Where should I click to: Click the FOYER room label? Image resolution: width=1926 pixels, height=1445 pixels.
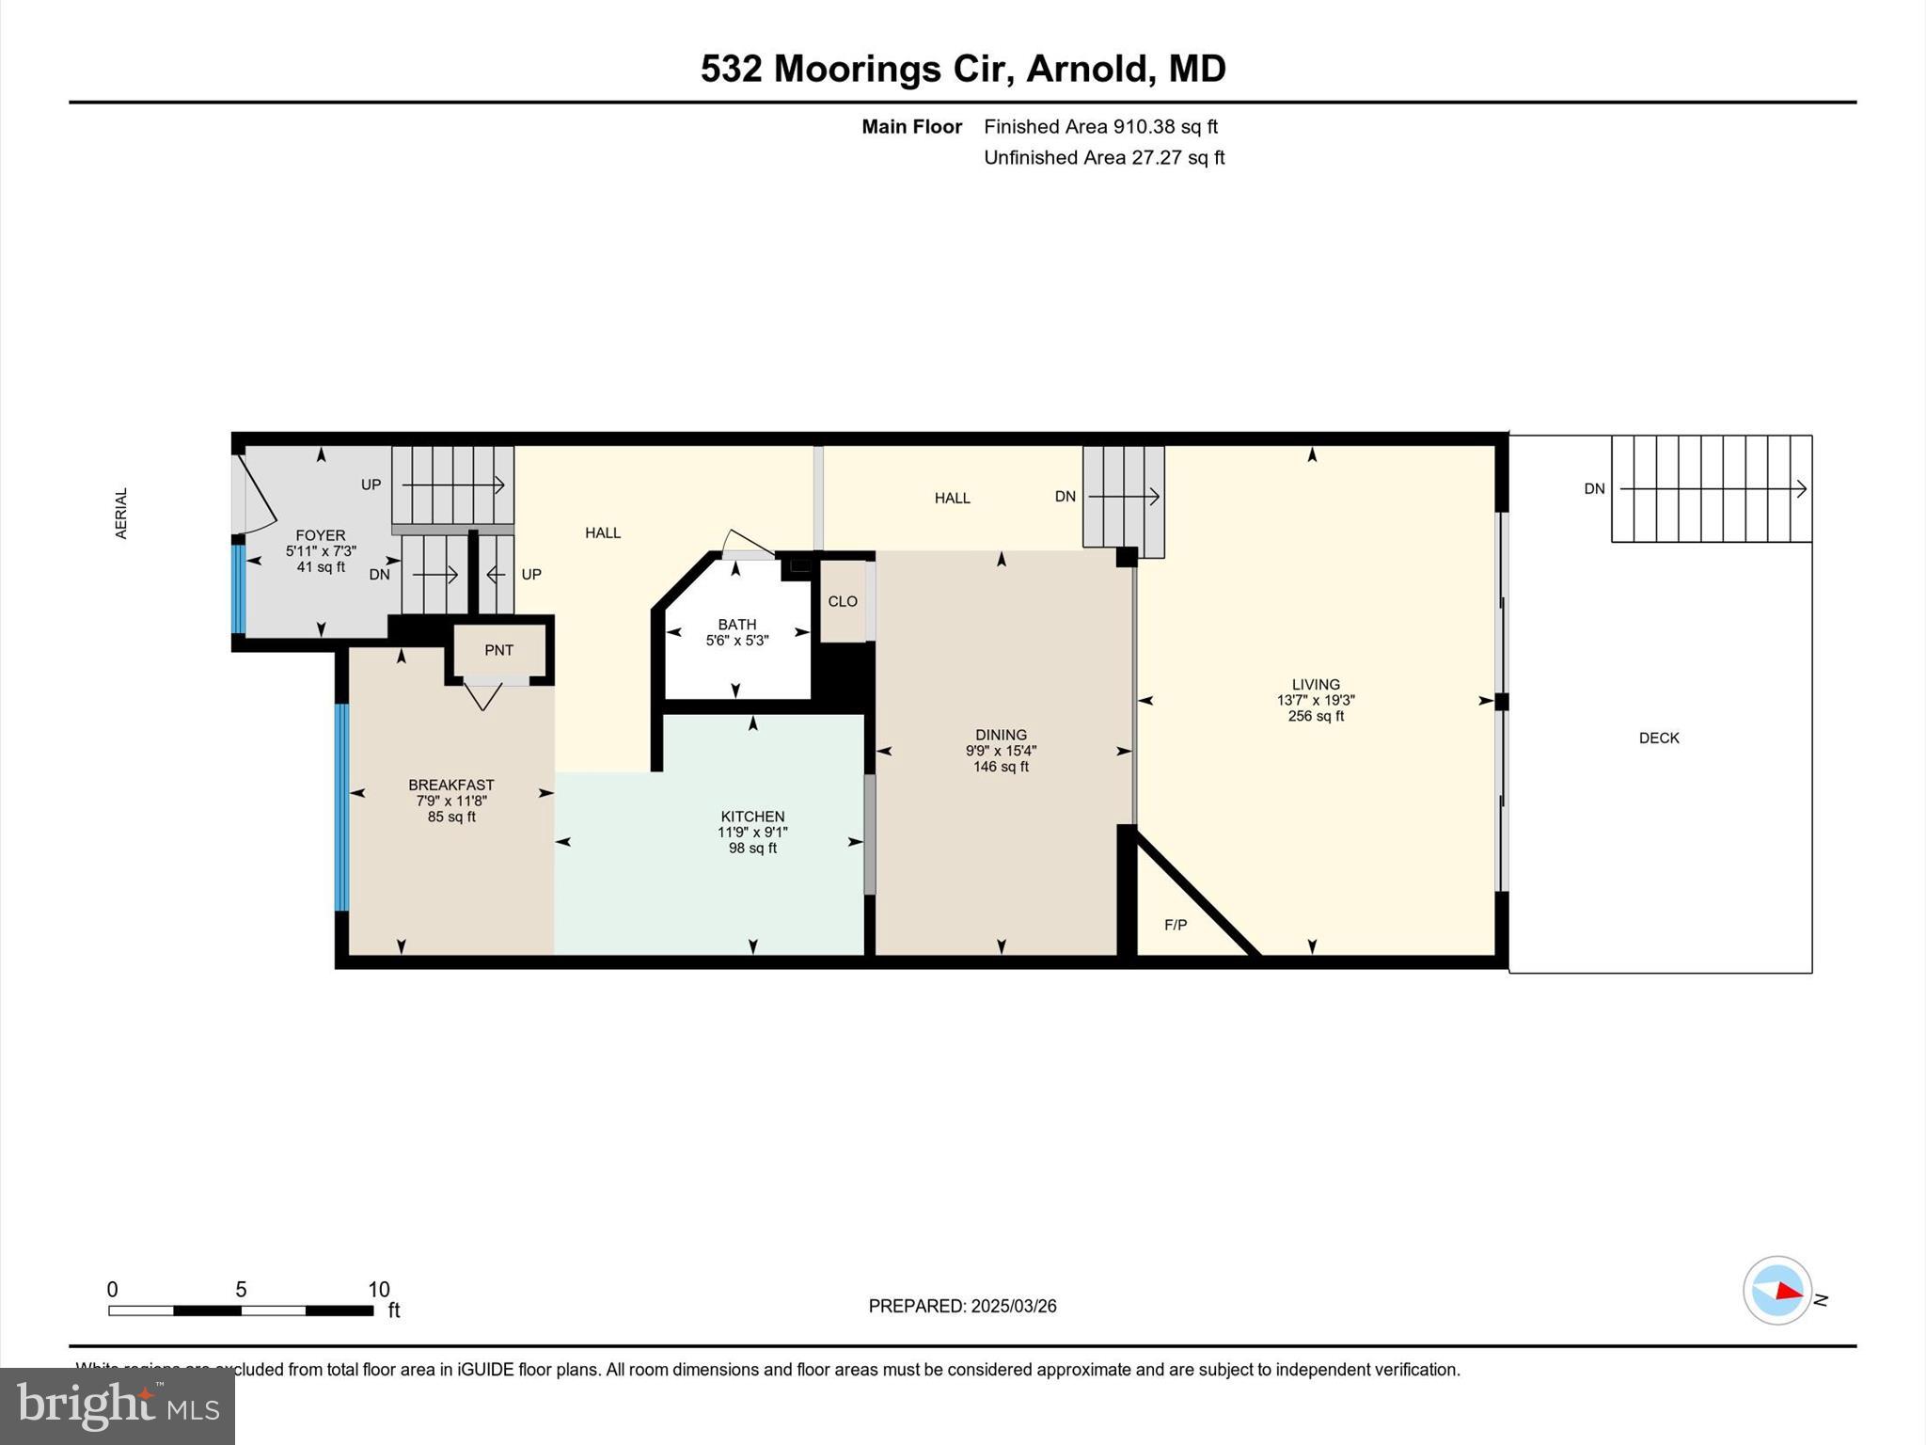point(320,535)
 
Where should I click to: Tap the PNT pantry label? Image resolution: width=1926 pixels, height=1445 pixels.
point(498,650)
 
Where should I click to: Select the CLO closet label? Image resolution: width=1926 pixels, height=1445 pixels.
point(842,601)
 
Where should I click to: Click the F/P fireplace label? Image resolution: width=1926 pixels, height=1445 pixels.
point(1175,925)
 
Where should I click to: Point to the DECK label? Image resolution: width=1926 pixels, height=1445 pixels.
point(1658,738)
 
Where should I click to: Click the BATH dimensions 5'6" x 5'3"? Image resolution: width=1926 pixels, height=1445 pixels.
point(736,641)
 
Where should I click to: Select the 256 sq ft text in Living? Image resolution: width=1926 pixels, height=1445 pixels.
point(1315,716)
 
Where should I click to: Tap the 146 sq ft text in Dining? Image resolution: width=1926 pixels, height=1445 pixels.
point(1001,767)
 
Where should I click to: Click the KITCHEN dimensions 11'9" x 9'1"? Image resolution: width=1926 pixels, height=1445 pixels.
point(751,833)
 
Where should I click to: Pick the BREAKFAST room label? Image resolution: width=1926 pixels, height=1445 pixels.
point(450,785)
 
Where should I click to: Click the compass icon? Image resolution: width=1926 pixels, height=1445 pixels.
point(1776,1291)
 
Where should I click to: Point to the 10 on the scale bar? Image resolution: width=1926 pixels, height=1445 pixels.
point(378,1290)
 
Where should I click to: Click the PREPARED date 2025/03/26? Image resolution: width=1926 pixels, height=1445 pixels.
point(1013,1306)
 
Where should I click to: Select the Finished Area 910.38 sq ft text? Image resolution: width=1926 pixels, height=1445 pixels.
point(1100,126)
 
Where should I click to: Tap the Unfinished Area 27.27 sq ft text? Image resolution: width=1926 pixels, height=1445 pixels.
point(1103,157)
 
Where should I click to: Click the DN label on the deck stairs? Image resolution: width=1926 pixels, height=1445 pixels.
point(1594,488)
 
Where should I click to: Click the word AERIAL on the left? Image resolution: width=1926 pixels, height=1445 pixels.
point(120,513)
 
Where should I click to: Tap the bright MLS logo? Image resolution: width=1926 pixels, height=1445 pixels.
point(118,1405)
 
